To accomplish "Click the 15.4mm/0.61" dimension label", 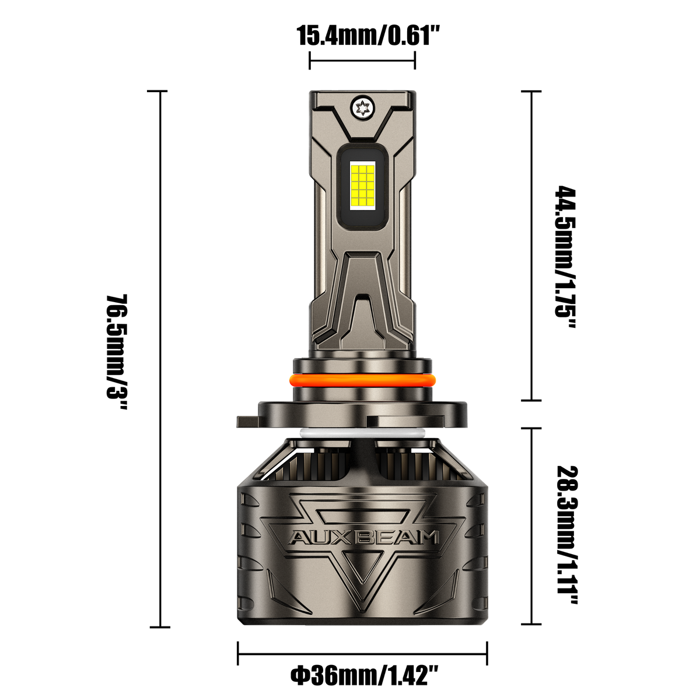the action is [x=369, y=36].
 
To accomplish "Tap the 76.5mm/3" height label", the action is [x=117, y=352].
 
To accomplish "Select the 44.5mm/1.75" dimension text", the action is [x=566, y=257].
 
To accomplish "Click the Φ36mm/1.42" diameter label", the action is [x=365, y=675].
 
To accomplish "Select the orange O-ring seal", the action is [x=362, y=380].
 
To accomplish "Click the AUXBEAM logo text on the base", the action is [x=364, y=538].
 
